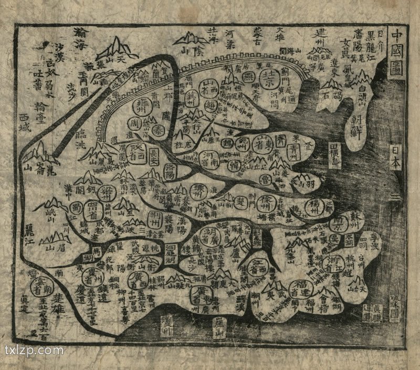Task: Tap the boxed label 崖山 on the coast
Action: tap(219, 330)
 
